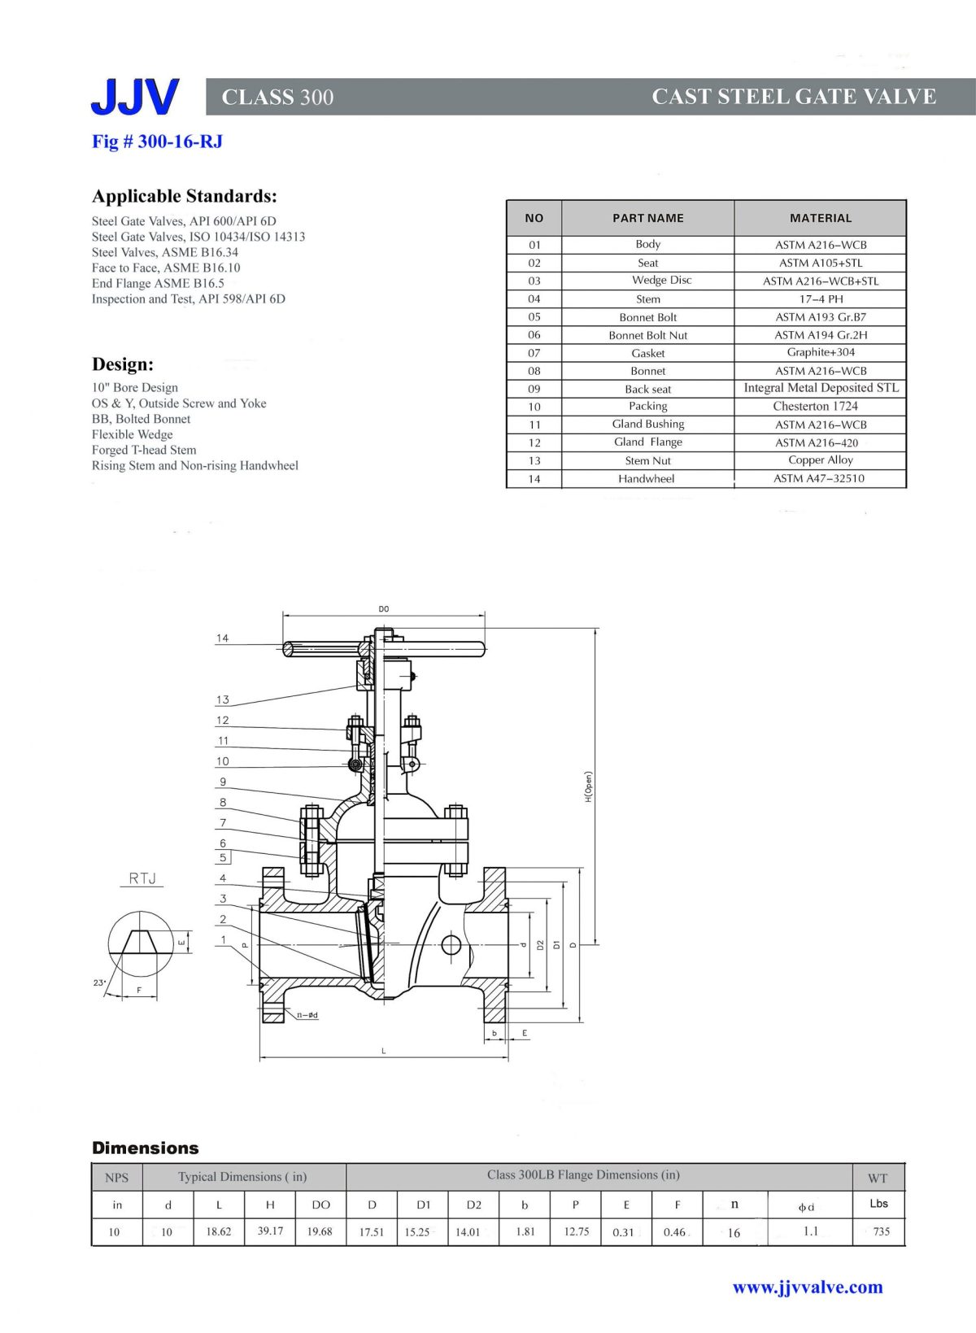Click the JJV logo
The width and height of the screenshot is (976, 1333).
click(x=134, y=97)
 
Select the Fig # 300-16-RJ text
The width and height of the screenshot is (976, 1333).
click(x=157, y=142)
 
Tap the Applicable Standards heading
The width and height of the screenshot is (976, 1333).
click(x=185, y=196)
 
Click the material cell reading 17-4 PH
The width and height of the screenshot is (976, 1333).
click(x=821, y=298)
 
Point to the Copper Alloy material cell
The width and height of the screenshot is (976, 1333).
click(x=820, y=460)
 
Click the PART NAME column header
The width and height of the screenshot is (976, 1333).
click(x=647, y=218)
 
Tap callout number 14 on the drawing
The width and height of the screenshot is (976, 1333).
click(x=222, y=638)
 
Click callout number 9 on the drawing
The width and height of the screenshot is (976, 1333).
click(x=222, y=782)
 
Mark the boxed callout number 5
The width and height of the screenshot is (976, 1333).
click(x=223, y=857)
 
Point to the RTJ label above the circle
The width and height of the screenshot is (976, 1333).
click(x=142, y=878)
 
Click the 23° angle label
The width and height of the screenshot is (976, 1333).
click(x=99, y=982)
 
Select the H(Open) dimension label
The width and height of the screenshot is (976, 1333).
click(x=588, y=787)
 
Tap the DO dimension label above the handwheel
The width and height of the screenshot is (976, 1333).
click(x=384, y=609)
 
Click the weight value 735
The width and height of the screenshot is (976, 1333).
click(x=881, y=1231)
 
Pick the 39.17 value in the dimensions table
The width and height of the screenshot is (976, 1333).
click(x=270, y=1231)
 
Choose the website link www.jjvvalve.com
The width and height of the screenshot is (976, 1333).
click(x=807, y=1287)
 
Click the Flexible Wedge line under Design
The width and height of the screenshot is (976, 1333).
click(x=132, y=434)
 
